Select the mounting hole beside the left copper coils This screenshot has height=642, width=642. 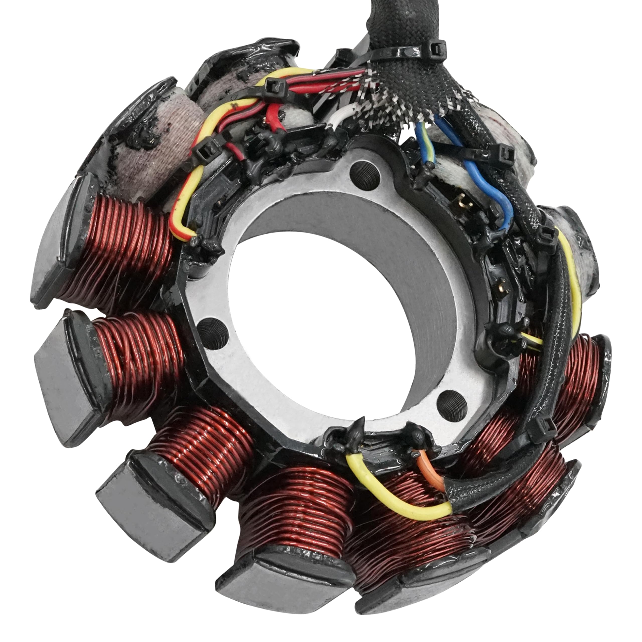pos(213,332)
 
